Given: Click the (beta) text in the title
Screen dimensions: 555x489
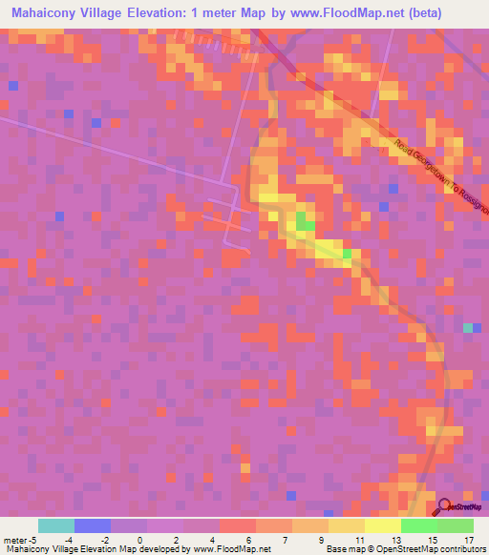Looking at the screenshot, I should [440, 13].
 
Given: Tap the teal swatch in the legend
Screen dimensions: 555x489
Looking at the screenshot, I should [56, 525].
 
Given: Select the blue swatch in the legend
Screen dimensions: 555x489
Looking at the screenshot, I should [93, 525].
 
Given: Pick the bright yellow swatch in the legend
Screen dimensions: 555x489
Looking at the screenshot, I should [383, 525].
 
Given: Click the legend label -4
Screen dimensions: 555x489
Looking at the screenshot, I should [69, 539].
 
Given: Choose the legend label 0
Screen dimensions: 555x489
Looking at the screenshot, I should [140, 539].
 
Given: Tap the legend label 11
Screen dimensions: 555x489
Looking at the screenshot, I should [356, 539].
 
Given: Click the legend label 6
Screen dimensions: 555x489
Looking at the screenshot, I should [249, 539].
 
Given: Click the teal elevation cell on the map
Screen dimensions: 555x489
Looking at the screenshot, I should [468, 327].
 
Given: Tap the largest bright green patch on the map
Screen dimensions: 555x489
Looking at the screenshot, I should [304, 222].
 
